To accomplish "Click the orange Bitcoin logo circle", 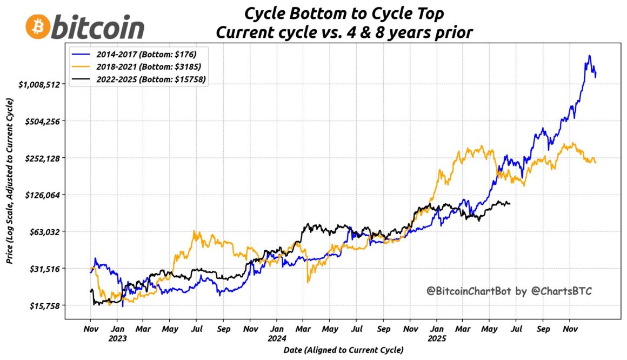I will [x=37, y=26].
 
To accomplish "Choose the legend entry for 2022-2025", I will [x=146, y=79].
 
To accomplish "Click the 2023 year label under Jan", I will [x=117, y=338].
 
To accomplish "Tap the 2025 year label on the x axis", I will [x=437, y=338].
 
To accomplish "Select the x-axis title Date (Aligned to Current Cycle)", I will [x=343, y=350].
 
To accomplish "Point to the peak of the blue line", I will [x=589, y=56].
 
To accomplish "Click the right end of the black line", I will [x=510, y=203].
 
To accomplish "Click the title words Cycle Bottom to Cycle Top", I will [x=344, y=13].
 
